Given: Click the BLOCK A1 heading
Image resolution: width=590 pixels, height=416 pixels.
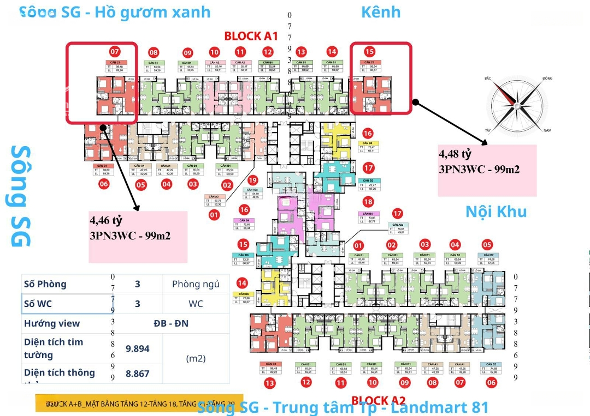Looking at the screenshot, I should coord(251,37).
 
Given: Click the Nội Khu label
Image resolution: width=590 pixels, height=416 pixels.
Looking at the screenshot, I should coord(496,211).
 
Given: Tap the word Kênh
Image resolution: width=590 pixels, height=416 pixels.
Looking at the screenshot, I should coord(381,12).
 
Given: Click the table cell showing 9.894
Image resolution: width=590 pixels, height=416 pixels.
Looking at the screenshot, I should coord(138,348).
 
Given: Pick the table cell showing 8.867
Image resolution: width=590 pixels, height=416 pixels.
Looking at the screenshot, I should coord(138,373).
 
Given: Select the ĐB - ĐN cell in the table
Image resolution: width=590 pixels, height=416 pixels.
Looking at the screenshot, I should coord(170,323).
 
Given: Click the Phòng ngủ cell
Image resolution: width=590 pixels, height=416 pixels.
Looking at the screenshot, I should coord(196,284).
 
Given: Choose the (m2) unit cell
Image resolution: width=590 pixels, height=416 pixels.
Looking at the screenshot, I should coord(196,358).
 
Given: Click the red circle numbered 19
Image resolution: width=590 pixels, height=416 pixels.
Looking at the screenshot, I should coord(252,180).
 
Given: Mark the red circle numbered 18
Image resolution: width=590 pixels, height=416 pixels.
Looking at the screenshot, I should coord(367,203).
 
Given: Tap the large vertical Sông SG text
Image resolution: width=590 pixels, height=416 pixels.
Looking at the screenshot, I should coord(21,196).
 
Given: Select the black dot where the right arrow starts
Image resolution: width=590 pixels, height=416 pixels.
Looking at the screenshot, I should coord(416,101).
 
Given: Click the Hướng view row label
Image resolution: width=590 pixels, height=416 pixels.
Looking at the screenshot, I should coord(52,323).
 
